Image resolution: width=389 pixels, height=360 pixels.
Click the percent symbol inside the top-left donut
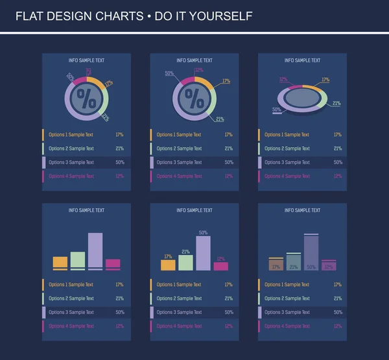[x=86, y=99]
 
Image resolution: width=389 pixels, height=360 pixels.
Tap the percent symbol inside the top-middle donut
[x=194, y=99]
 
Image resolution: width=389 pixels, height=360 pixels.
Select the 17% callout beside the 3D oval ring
[x=325, y=80]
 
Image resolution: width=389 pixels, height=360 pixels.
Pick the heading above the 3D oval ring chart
[x=302, y=60]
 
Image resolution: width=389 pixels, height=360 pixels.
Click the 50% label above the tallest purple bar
[x=203, y=232]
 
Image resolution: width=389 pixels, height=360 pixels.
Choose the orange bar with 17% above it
[x=168, y=265]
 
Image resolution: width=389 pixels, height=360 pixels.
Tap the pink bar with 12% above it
[x=221, y=266]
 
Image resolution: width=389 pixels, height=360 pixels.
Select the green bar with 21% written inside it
[x=294, y=262]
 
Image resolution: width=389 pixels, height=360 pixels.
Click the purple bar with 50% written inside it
[x=311, y=253]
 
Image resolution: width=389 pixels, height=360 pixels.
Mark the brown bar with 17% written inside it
[x=276, y=264]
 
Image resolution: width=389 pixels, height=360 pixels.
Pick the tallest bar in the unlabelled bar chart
[x=95, y=250]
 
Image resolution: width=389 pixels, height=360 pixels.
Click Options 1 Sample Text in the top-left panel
[x=71, y=135]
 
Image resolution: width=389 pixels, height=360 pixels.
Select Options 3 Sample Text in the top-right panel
[x=287, y=162]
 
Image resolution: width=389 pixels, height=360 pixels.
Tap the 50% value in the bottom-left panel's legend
[x=119, y=312]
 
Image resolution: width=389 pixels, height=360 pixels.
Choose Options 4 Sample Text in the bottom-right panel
[x=287, y=326]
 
